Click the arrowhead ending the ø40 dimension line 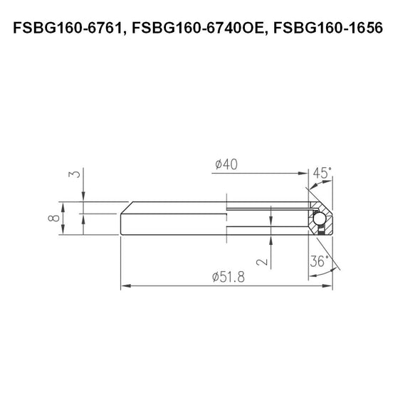(x=303, y=173)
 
